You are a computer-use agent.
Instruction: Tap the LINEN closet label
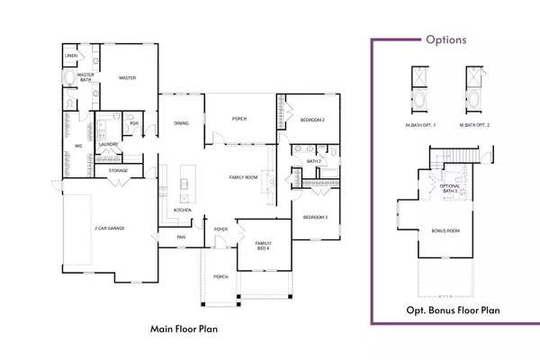click(x=71, y=56)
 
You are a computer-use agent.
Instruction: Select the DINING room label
click(x=181, y=123)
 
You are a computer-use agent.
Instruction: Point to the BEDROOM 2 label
click(x=312, y=120)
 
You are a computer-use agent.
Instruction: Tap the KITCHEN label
click(x=183, y=210)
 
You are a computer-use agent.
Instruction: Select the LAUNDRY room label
click(x=112, y=143)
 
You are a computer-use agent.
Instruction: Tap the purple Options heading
click(x=446, y=39)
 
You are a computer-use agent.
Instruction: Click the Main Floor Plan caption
click(x=186, y=329)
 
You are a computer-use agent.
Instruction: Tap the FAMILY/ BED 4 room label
click(x=263, y=247)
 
